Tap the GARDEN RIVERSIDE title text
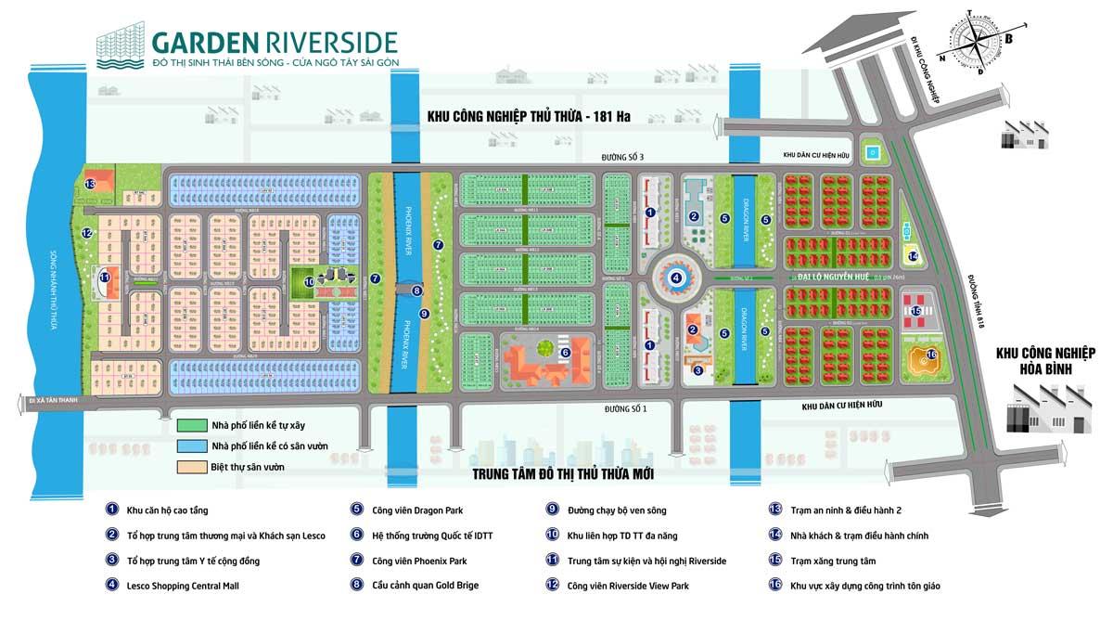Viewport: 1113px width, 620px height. pyautogui.click(x=275, y=43)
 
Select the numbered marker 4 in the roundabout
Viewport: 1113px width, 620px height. pyautogui.click(x=676, y=277)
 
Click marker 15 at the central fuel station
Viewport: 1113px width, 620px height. pyautogui.click(x=917, y=312)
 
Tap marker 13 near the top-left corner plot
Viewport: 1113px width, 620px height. pyautogui.click(x=90, y=184)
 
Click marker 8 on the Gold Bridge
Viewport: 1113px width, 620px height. pyautogui.click(x=416, y=291)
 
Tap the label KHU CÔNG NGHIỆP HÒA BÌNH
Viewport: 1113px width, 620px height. pyautogui.click(x=1045, y=361)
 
